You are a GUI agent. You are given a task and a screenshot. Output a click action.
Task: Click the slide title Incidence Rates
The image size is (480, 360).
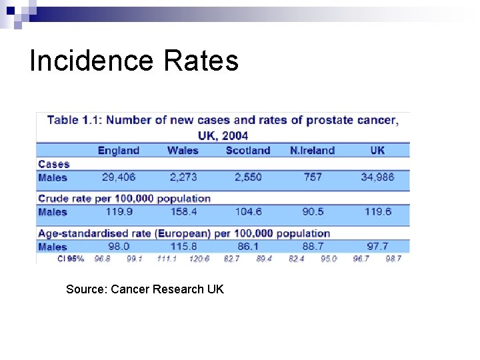click(134, 61)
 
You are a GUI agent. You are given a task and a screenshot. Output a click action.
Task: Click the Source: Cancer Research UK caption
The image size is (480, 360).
click(145, 289)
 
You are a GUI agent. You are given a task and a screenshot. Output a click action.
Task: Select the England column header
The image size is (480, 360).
click(119, 150)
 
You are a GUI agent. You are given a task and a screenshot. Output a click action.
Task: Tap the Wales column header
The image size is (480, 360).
click(183, 150)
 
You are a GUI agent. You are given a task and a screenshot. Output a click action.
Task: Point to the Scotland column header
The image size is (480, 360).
click(248, 150)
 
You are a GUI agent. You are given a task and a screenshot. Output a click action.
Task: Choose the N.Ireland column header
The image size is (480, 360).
click(313, 150)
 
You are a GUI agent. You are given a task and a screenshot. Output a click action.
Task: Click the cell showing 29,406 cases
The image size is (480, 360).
click(119, 177)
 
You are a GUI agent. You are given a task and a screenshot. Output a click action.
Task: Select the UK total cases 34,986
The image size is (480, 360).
click(377, 177)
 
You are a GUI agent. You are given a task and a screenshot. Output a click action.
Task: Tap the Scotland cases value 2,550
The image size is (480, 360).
click(248, 177)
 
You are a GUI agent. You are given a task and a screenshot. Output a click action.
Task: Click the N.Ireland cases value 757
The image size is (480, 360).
click(313, 177)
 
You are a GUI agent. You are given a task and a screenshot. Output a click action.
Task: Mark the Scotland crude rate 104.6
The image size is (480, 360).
click(248, 212)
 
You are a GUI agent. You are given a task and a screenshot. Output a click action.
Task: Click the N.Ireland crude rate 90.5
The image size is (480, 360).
click(313, 212)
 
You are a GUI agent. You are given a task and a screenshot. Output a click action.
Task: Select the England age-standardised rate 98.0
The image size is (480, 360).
click(119, 247)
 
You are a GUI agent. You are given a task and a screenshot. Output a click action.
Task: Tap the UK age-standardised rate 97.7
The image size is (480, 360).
click(377, 247)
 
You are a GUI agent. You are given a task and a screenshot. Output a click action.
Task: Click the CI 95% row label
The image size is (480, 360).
click(71, 259)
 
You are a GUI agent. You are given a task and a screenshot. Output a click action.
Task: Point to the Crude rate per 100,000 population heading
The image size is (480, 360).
click(124, 199)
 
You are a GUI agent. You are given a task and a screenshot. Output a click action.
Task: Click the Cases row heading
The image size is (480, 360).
click(54, 164)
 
